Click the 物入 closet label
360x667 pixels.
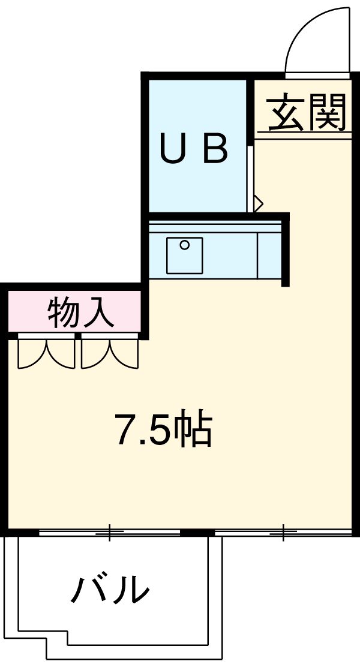80,313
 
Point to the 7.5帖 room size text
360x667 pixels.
164,429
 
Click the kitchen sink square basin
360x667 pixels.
184,255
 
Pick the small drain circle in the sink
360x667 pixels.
185,244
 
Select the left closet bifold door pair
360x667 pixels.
46,354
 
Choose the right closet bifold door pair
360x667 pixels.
110,354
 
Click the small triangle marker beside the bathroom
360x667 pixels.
258,203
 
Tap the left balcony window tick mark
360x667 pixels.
109,531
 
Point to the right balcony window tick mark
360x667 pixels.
284,531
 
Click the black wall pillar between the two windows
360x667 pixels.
197,532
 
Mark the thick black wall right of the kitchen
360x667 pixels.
286,249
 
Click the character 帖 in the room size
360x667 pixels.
196,430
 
